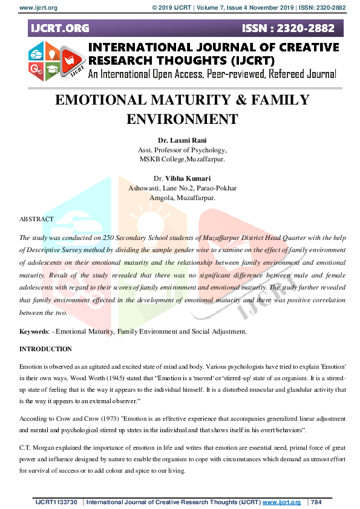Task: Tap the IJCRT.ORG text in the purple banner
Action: pyautogui.click(x=59, y=28)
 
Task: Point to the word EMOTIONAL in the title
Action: pyautogui.click(x=106, y=101)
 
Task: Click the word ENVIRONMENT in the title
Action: pyautogui.click(x=183, y=118)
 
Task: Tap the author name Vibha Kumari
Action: pyautogui.click(x=191, y=179)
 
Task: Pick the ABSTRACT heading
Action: pyautogui.click(x=36, y=218)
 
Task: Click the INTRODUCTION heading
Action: pyautogui.click(x=45, y=349)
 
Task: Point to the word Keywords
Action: pyautogui.click(x=34, y=332)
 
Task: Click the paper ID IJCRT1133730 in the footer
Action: pyautogui.click(x=56, y=502)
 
